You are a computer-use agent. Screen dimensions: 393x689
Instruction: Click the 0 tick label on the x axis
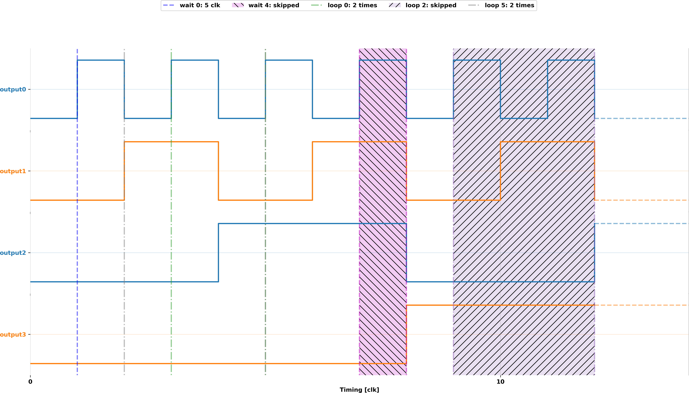[30, 382]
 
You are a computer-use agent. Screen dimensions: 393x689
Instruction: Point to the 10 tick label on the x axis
[500, 382]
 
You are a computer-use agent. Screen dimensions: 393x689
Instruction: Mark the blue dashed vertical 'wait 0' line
[77, 216]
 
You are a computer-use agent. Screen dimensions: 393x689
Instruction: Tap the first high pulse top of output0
[101, 60]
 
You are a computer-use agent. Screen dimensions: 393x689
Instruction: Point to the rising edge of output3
[406, 335]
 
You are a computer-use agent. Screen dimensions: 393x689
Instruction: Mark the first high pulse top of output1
[171, 142]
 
